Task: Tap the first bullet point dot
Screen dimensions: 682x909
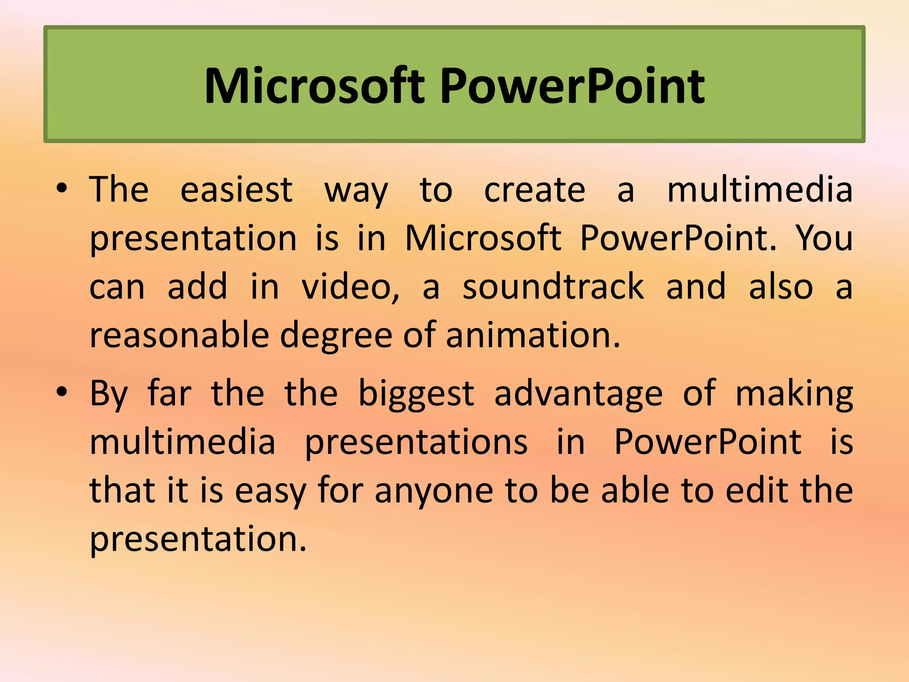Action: point(62,189)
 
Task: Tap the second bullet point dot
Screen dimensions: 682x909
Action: point(62,392)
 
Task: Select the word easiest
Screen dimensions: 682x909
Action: point(236,190)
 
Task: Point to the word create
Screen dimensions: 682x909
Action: point(534,190)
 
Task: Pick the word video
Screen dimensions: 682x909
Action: point(350,287)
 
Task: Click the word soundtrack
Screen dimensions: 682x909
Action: point(553,287)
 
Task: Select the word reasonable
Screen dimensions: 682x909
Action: point(179,335)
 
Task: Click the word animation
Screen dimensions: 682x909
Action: point(533,335)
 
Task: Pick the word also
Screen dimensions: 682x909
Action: point(781,287)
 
